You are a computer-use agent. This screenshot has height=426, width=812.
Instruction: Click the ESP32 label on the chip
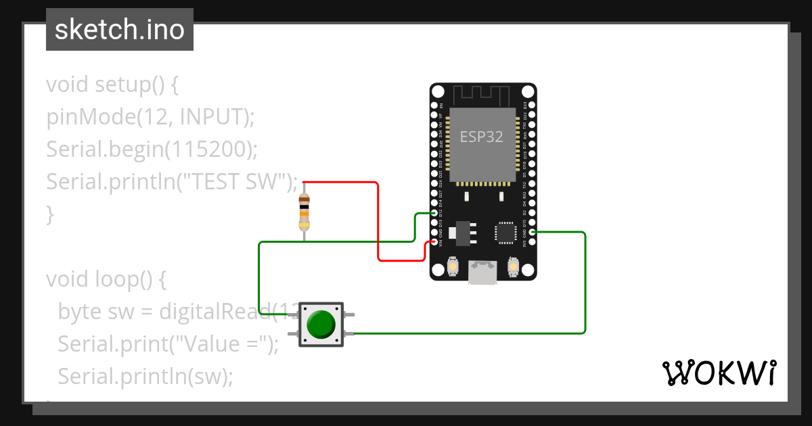tap(482, 137)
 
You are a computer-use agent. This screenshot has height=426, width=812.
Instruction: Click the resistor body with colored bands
tap(304, 211)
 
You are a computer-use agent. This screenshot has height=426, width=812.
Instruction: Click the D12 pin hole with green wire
tap(434, 213)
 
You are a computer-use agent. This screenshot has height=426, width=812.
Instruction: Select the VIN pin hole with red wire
tap(434, 242)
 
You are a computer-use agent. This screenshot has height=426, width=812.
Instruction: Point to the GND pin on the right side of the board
tap(532, 232)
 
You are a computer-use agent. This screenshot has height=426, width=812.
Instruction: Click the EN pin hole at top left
tap(434, 106)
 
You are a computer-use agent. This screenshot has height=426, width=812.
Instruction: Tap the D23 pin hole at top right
tap(532, 106)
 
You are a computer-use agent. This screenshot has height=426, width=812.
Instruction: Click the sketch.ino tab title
tap(120, 30)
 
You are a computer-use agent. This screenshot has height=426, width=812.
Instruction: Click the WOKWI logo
tap(719, 373)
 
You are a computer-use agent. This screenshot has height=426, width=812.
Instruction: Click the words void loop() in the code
tap(105, 279)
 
